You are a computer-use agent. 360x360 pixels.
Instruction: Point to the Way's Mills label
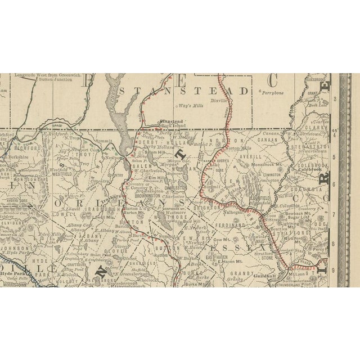point(191,106)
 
